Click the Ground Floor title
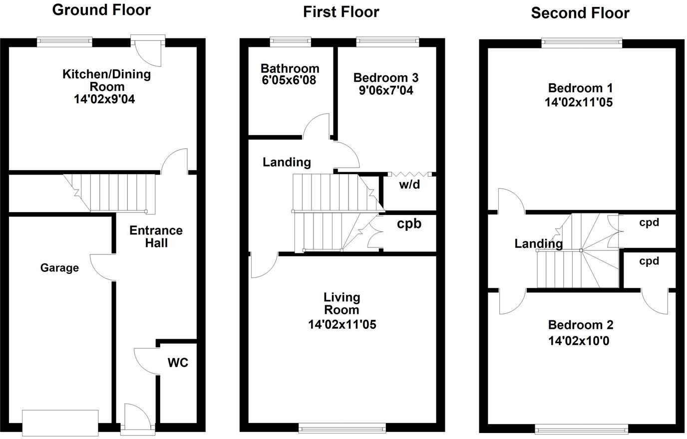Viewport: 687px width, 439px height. [x=101, y=9]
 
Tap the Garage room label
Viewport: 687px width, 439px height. [x=59, y=268]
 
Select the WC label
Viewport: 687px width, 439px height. [x=178, y=363]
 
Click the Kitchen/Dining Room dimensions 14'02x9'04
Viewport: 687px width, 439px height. [x=104, y=99]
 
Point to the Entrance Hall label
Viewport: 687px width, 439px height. [x=156, y=236]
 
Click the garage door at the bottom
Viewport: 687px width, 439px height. [x=60, y=421]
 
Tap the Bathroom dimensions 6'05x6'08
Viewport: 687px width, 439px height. [x=289, y=80]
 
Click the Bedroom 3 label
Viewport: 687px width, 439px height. [x=385, y=77]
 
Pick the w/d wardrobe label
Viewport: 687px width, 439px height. [x=409, y=185]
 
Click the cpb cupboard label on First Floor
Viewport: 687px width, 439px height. [x=409, y=223]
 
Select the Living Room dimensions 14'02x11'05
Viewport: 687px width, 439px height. [x=342, y=324]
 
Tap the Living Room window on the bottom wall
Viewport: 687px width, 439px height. [x=342, y=428]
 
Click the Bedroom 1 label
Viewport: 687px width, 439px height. [x=580, y=88]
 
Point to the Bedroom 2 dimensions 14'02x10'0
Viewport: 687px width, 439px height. [x=579, y=341]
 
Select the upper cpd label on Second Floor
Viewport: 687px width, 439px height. [x=649, y=222]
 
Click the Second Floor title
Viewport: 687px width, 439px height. [x=580, y=13]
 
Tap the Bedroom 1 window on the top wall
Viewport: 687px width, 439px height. [x=582, y=43]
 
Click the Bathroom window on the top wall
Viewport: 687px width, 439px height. [x=291, y=42]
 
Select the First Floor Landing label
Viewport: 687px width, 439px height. [x=287, y=162]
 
